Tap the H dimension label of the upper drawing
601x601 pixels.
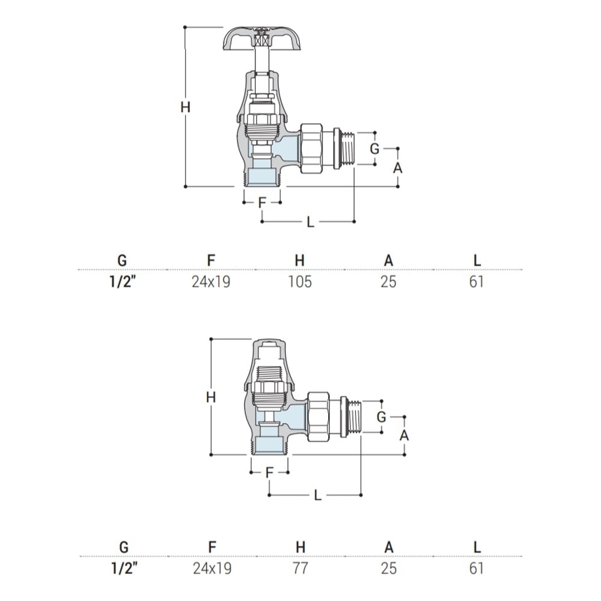coord(186,107)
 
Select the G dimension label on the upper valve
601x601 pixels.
coord(374,148)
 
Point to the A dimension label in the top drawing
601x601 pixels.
coord(398,168)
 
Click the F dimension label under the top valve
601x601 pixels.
coord(262,203)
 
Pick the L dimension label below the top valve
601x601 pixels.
coord(311,222)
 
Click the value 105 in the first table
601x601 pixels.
coord(300,282)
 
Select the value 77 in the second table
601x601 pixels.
coord(300,568)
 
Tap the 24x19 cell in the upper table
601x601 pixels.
coord(211,282)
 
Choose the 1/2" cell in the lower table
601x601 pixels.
coord(123,568)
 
